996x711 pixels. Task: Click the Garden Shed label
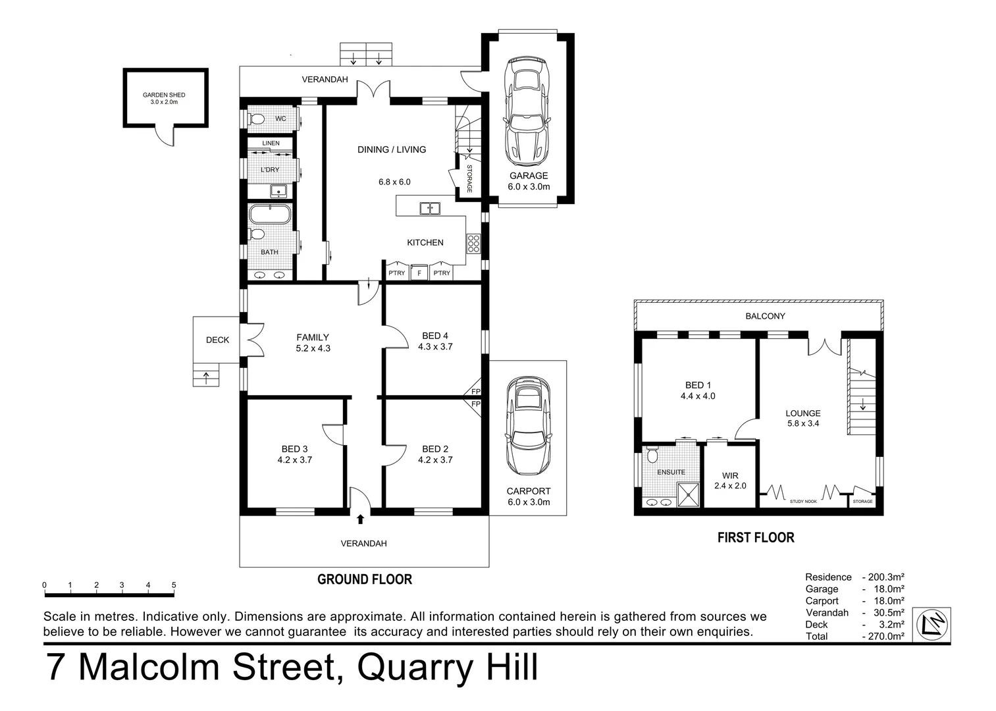164,98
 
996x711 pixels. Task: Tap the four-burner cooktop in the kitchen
473,244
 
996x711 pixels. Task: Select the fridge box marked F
419,273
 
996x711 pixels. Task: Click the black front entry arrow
360,519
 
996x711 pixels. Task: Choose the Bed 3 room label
294,454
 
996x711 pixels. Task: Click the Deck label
217,340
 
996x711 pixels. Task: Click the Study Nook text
803,502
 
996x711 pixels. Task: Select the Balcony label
765,316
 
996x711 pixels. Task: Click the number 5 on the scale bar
174,585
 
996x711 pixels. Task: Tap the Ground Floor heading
364,579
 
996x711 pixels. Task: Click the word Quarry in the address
414,668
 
